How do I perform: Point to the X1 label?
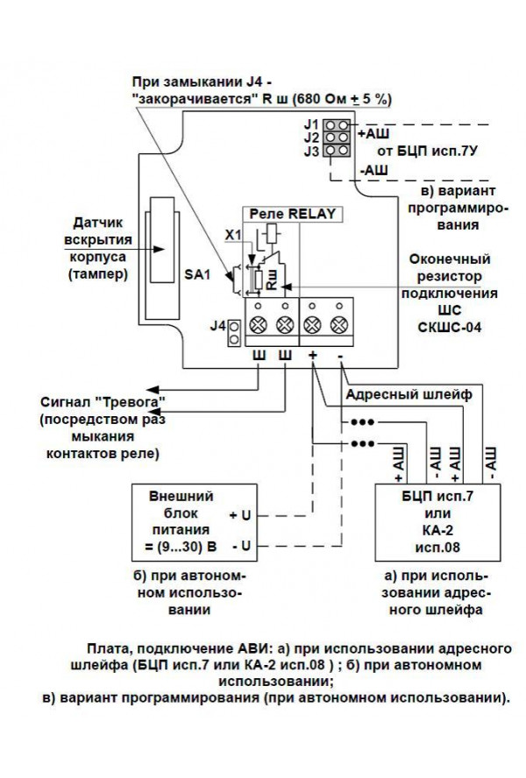tap(232, 235)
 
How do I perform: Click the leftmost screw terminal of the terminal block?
tap(259, 325)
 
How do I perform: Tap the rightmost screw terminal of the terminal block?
tap(339, 325)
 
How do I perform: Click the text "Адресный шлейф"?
tap(409, 394)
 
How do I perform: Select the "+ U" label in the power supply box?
tap(239, 513)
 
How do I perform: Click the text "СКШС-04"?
tap(448, 326)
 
